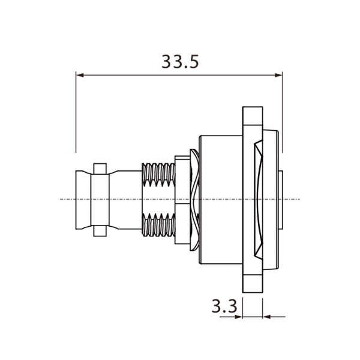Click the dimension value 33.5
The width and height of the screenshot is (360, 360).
point(179,62)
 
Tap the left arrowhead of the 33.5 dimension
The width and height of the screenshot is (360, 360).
point(80,75)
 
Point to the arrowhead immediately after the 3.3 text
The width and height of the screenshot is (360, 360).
point(238,316)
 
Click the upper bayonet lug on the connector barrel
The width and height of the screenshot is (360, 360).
point(100,165)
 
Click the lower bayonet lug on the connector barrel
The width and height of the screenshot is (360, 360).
point(100,231)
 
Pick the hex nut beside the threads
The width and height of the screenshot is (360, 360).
point(181,198)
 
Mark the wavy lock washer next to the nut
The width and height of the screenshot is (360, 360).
point(193,198)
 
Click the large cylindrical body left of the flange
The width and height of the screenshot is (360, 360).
point(219,198)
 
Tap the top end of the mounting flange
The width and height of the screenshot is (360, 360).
point(253,115)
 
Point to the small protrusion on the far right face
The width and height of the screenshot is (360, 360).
point(281,198)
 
